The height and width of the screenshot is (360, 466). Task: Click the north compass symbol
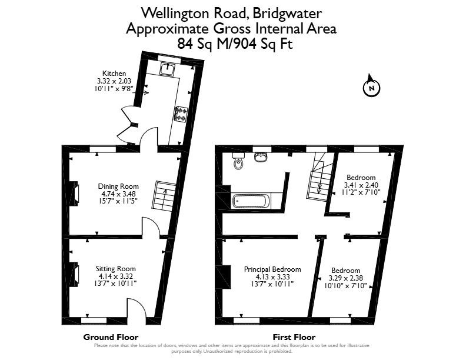(371, 86)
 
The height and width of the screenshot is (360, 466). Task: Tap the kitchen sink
(168, 69)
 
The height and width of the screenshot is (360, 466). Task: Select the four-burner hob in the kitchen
(181, 114)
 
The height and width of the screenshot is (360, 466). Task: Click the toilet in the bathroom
(238, 161)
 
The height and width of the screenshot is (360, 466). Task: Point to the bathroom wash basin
(261, 157)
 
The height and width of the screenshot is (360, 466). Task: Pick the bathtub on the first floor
(252, 201)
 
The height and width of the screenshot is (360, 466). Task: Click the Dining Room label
(118, 186)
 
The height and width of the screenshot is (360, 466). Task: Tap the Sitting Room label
(115, 269)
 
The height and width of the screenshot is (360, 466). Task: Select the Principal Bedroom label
(272, 269)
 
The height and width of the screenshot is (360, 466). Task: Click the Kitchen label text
(114, 74)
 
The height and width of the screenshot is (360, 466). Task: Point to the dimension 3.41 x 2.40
(361, 185)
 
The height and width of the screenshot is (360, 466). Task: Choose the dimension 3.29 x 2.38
(345, 278)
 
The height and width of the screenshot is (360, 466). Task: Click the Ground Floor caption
(111, 337)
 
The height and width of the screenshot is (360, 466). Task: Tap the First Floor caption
(294, 337)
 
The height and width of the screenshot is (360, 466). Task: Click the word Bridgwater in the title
(288, 14)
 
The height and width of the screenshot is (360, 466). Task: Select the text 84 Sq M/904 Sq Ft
(235, 44)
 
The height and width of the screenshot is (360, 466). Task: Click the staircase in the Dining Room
(164, 196)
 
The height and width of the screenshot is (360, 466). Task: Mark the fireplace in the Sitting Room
(74, 275)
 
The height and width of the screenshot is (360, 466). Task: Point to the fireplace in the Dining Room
(74, 194)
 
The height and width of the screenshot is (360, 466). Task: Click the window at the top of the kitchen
(169, 59)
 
